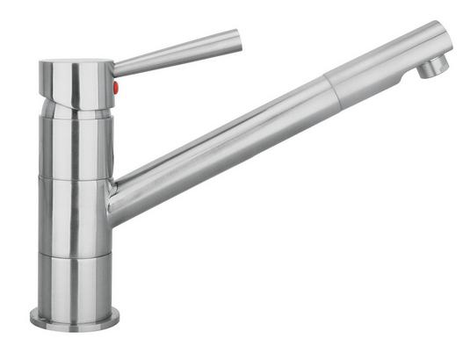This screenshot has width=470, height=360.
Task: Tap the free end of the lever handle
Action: coord(235,39)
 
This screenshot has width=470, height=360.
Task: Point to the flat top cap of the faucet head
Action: coord(76,63)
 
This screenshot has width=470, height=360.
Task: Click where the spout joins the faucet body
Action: coord(115,198)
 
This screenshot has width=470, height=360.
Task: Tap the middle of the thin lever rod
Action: coord(176,52)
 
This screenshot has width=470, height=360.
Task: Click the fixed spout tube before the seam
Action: coord(220,145)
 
